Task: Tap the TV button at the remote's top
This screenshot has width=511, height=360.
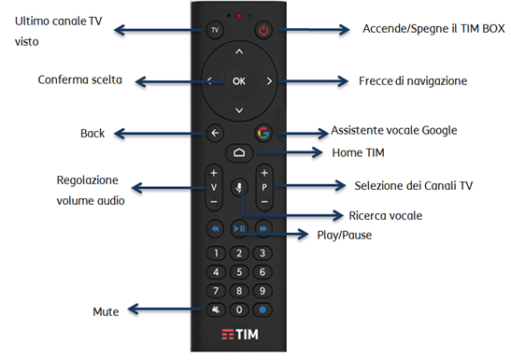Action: point(215,30)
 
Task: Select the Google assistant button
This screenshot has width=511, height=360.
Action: point(264,133)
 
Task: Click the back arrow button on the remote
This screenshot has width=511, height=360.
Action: point(215,133)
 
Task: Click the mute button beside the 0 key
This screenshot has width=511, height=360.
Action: point(216,309)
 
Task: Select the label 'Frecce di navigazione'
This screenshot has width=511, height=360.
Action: point(412,81)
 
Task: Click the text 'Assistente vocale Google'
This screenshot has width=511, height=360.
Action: point(395,131)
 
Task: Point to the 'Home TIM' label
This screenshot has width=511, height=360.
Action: point(359,152)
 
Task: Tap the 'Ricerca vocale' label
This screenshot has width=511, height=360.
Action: point(385,215)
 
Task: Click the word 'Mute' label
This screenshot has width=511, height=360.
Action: point(106,310)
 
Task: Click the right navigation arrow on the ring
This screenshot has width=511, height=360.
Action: point(269,81)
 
